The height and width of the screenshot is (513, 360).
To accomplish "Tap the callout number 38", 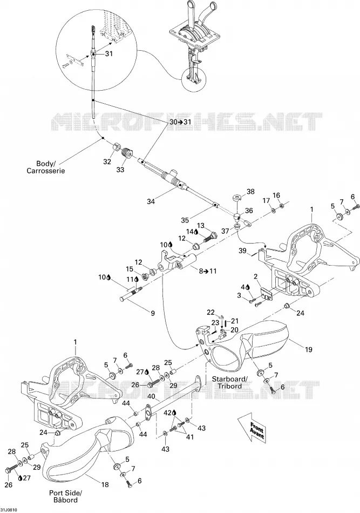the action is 250,191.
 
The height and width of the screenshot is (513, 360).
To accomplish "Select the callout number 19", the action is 308,350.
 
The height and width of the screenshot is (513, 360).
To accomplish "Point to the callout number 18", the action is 105,484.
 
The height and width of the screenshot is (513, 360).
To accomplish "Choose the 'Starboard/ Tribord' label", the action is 230,382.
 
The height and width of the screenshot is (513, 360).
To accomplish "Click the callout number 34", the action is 151,201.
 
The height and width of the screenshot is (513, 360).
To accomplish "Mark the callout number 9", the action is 153,313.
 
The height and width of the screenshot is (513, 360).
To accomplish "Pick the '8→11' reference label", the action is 208,271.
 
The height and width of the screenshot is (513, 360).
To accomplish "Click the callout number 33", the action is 120,170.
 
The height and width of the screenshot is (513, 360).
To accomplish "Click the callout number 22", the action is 211,313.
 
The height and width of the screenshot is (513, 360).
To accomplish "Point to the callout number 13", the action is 200,226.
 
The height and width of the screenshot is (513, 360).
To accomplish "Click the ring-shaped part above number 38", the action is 236,198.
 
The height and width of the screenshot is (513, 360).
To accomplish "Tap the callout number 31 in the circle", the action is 109,53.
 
